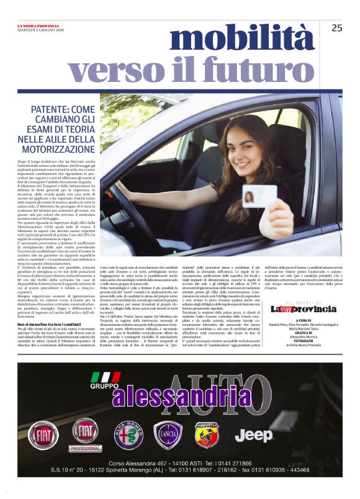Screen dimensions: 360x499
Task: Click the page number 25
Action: click(337, 27)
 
